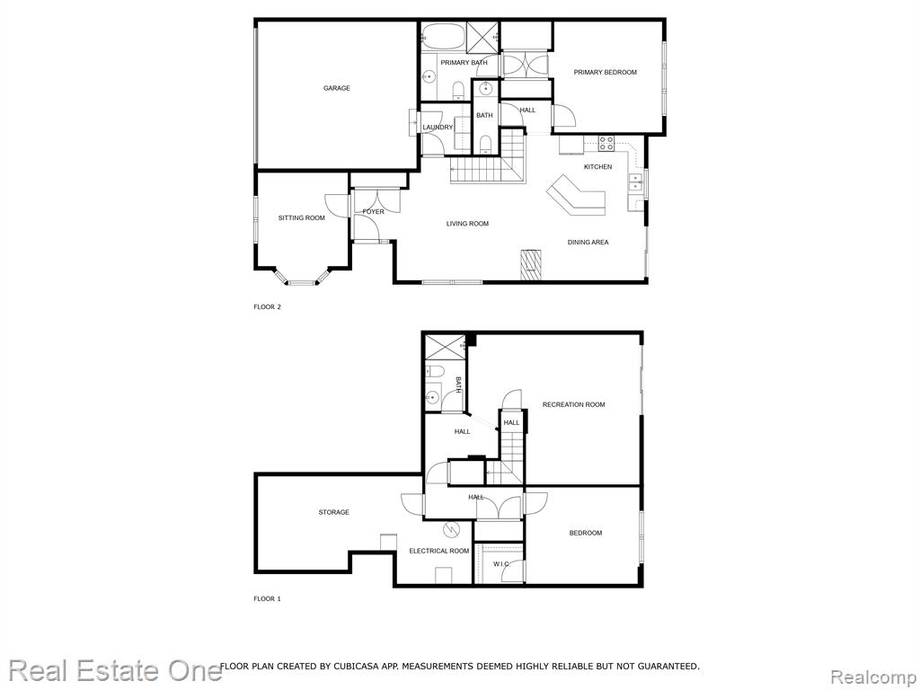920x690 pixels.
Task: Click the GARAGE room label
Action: click(x=337, y=88)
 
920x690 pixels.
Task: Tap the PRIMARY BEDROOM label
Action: click(x=605, y=72)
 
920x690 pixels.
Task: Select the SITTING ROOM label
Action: click(x=302, y=217)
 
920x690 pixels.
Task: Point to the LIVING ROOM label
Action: click(x=467, y=224)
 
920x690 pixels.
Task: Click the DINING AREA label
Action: click(x=588, y=242)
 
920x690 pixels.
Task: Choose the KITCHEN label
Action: click(x=597, y=166)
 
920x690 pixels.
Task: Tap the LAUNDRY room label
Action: click(x=438, y=128)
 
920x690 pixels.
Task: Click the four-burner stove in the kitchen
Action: click(x=606, y=144)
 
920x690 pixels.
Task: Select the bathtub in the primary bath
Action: click(x=443, y=37)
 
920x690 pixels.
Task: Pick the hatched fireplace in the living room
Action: click(x=531, y=264)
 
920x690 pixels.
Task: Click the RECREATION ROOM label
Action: click(x=574, y=404)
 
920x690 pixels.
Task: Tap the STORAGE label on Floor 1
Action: click(x=334, y=512)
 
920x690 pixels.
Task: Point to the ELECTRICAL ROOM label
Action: click(x=439, y=551)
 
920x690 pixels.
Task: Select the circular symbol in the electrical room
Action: click(x=451, y=530)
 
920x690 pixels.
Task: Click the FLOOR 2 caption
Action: click(x=268, y=307)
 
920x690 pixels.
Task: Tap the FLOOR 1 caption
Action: click(x=268, y=599)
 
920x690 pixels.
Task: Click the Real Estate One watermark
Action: click(x=115, y=670)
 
